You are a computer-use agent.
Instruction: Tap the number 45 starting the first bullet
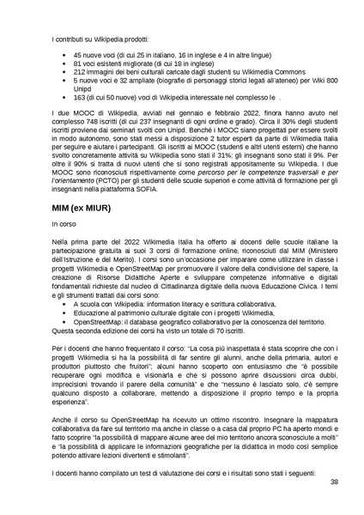80,53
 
